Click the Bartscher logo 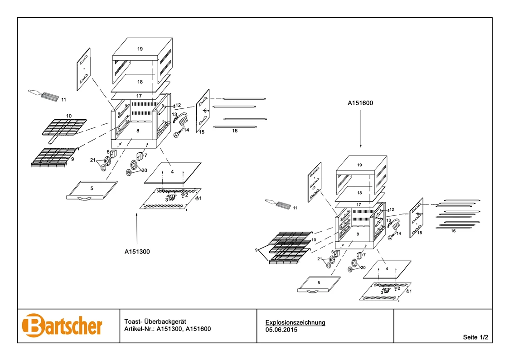point(62,326)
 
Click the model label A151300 point(137,251)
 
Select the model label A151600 point(360,103)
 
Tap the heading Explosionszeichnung point(295,322)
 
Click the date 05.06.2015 point(281,330)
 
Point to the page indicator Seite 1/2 point(475,337)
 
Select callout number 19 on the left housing point(140,49)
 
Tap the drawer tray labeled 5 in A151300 point(92,190)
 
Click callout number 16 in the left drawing point(234,131)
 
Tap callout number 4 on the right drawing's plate point(387,268)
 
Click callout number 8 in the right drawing point(358,234)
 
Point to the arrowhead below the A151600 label point(360,146)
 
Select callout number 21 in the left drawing point(92,160)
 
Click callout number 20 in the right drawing point(362,268)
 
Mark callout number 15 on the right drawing point(420,233)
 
